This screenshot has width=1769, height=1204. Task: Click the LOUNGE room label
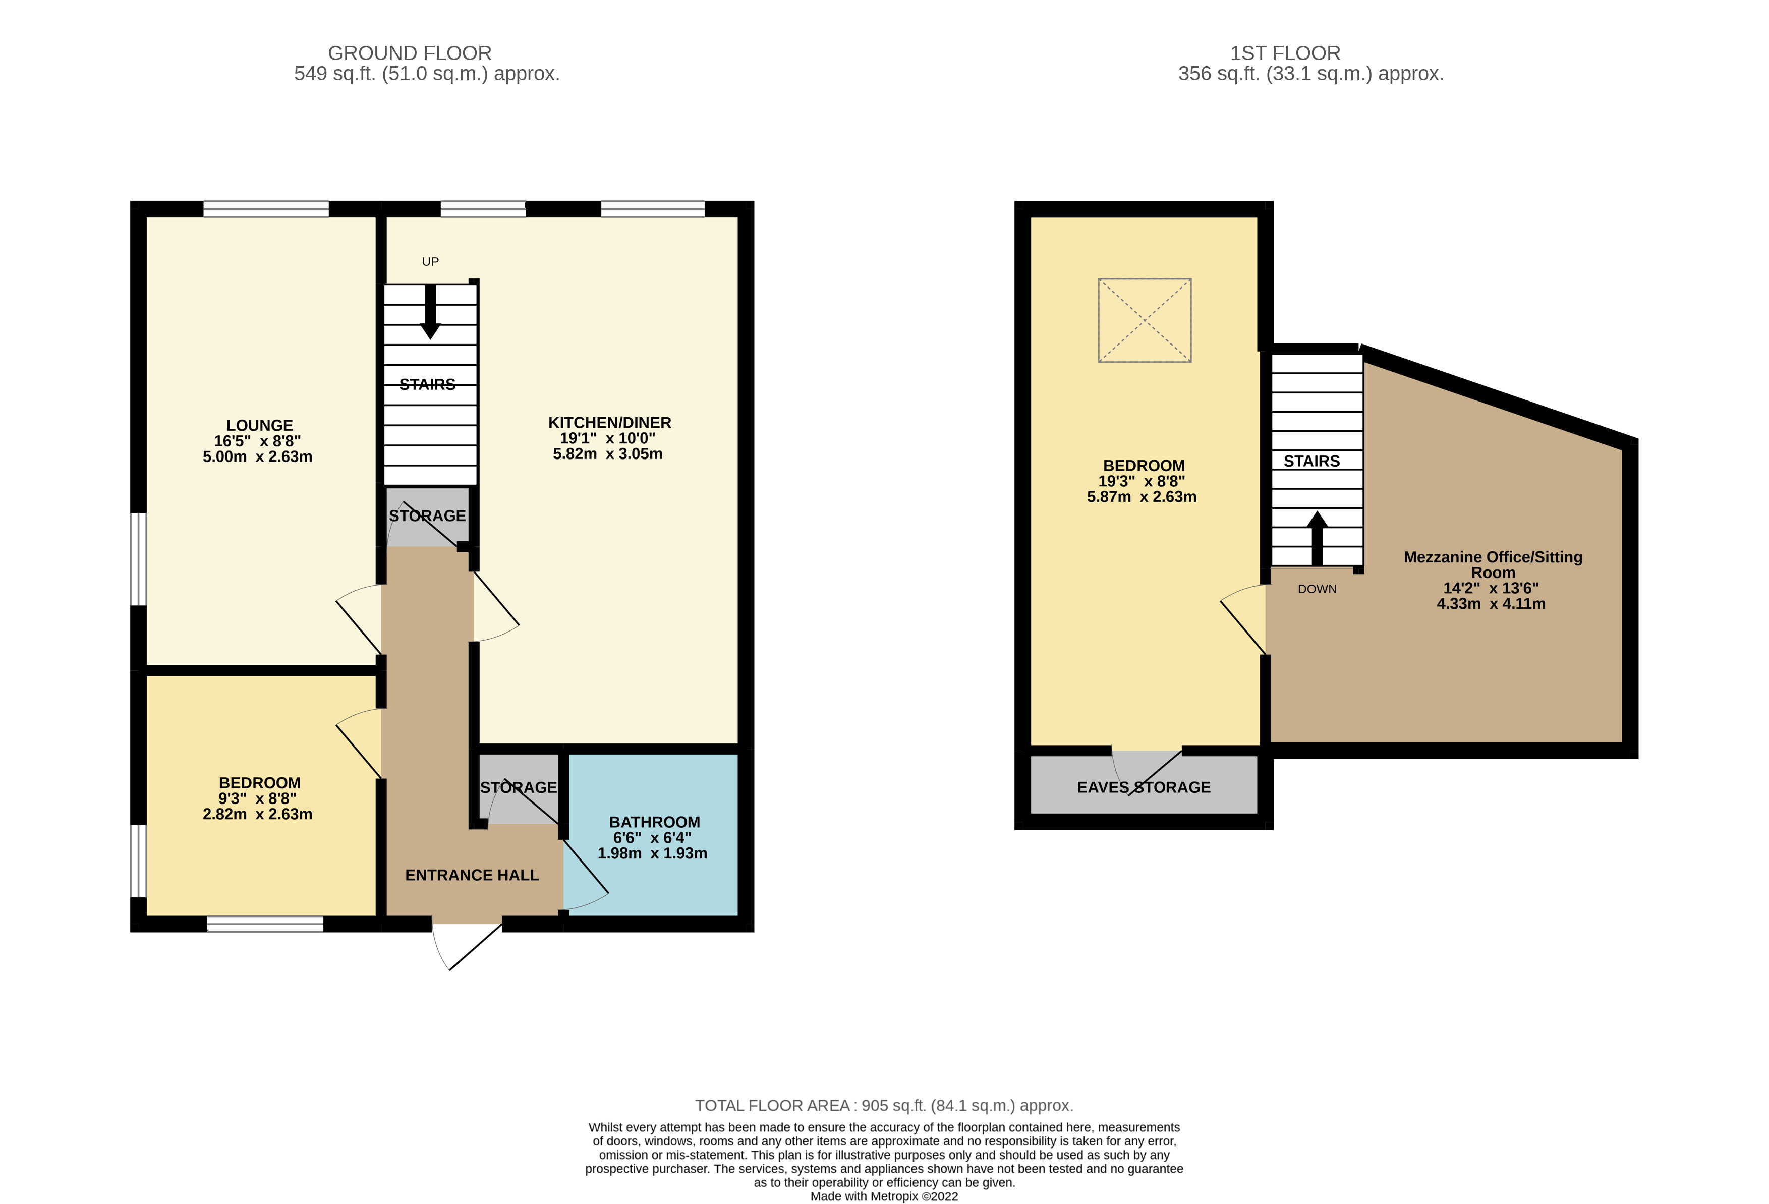pyautogui.click(x=260, y=425)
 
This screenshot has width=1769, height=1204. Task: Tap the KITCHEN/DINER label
pyautogui.click(x=610, y=422)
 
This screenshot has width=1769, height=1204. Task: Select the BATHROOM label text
pyautogui.click(x=655, y=822)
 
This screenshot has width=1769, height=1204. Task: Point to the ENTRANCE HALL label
pyautogui.click(x=472, y=875)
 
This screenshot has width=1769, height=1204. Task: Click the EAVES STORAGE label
pyautogui.click(x=1144, y=787)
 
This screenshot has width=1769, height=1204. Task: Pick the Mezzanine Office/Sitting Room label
pyautogui.click(x=1493, y=565)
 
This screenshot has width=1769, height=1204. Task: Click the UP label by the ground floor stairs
pyautogui.click(x=430, y=262)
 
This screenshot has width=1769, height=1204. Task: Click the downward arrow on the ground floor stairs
pyautogui.click(x=430, y=312)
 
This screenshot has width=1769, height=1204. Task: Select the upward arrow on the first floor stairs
pyautogui.click(x=1317, y=538)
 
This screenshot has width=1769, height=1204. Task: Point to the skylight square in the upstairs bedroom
pyautogui.click(x=1144, y=320)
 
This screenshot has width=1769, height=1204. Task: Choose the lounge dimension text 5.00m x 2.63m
pyautogui.click(x=257, y=456)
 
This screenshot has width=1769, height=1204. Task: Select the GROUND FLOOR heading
pyautogui.click(x=410, y=53)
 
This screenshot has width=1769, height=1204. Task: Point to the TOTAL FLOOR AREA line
pyautogui.click(x=884, y=1105)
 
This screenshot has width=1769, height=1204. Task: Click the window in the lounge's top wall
pyautogui.click(x=266, y=208)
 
